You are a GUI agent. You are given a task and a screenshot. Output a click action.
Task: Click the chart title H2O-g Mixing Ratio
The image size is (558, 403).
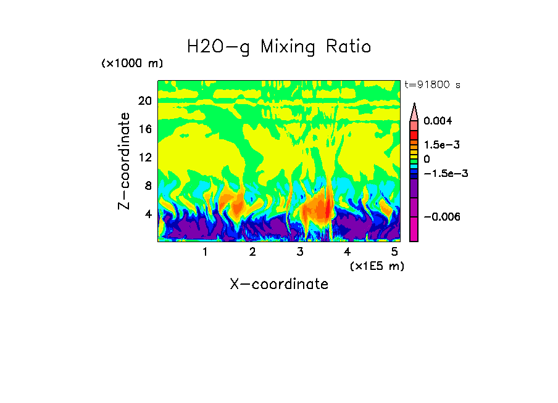coord(279,47)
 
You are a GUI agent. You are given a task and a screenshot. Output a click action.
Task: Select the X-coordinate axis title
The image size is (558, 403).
coord(279,284)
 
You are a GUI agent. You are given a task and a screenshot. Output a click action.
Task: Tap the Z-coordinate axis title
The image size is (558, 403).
coord(125,161)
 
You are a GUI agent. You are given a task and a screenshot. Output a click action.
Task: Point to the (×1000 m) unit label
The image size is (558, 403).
coord(132,64)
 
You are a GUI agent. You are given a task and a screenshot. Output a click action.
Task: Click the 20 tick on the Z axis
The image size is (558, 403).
coord(144,101)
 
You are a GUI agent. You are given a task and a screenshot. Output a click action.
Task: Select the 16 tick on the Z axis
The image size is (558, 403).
coord(144,129)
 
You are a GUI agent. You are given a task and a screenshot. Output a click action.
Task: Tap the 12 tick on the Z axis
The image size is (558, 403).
coord(144,158)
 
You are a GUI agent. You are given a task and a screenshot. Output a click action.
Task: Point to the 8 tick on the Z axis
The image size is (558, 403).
coord(148,186)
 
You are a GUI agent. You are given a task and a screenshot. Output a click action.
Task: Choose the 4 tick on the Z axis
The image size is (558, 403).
coord(148,214)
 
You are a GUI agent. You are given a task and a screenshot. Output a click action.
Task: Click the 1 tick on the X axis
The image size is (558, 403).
coord(205,251)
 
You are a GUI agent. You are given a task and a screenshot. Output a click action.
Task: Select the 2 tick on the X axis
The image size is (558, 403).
coord(252,251)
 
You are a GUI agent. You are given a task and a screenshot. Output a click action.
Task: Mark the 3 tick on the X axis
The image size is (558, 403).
coord(300,251)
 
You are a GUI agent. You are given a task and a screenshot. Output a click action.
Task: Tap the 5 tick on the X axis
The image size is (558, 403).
coord(394,251)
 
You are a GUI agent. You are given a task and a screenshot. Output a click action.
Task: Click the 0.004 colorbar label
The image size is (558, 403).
coord(438,121)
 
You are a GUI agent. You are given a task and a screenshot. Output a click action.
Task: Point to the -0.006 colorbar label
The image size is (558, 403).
coord(442,217)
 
